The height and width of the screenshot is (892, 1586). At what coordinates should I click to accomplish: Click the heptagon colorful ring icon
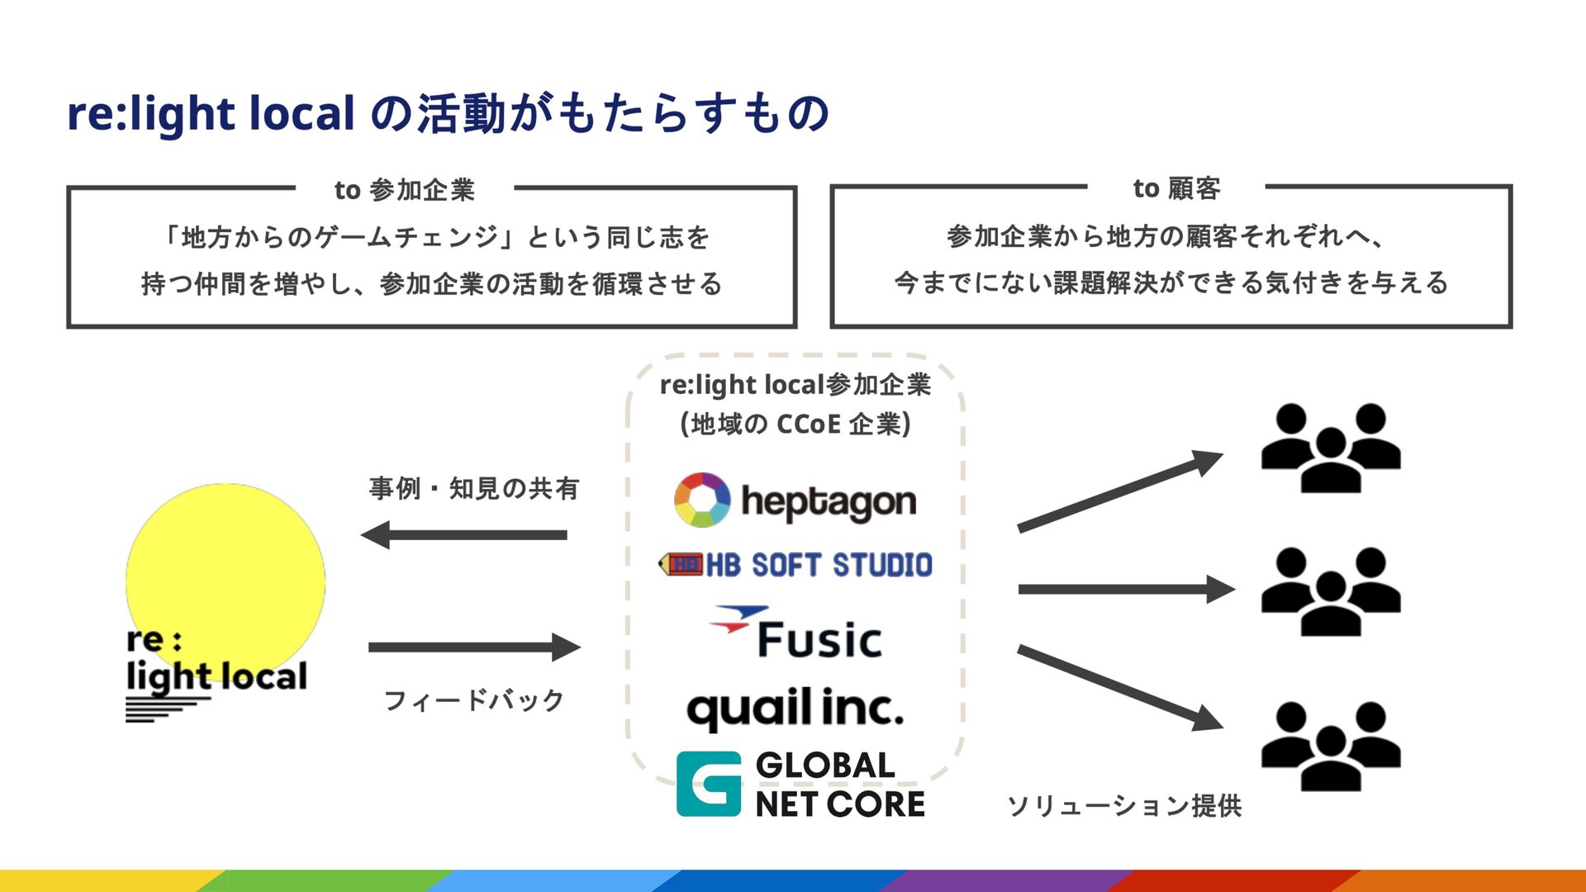[702, 500]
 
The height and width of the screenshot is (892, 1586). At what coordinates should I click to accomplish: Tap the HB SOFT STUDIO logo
[795, 565]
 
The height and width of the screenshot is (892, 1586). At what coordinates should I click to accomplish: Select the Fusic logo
[797, 634]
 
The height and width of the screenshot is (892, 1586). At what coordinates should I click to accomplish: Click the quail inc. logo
[795, 709]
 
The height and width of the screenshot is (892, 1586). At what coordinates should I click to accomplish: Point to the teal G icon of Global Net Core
[709, 784]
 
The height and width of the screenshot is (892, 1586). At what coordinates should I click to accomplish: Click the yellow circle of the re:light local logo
[225, 570]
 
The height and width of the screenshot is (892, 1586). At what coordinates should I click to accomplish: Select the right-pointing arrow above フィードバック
[474, 648]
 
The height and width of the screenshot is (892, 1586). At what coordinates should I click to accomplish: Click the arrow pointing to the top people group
[1119, 491]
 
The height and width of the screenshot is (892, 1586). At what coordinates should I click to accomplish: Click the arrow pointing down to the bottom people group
[1119, 687]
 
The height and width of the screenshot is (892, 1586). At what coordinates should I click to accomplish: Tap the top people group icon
[1330, 448]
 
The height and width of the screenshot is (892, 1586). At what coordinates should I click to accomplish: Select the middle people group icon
[1330, 591]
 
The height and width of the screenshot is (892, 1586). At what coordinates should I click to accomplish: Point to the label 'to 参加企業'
[405, 190]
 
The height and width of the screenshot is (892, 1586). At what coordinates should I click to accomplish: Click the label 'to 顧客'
[1176, 188]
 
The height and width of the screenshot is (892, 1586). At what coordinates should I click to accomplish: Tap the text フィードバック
[474, 700]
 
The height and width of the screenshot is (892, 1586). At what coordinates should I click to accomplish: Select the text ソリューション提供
[1124, 805]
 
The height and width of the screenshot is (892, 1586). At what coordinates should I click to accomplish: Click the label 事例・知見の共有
[474, 488]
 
